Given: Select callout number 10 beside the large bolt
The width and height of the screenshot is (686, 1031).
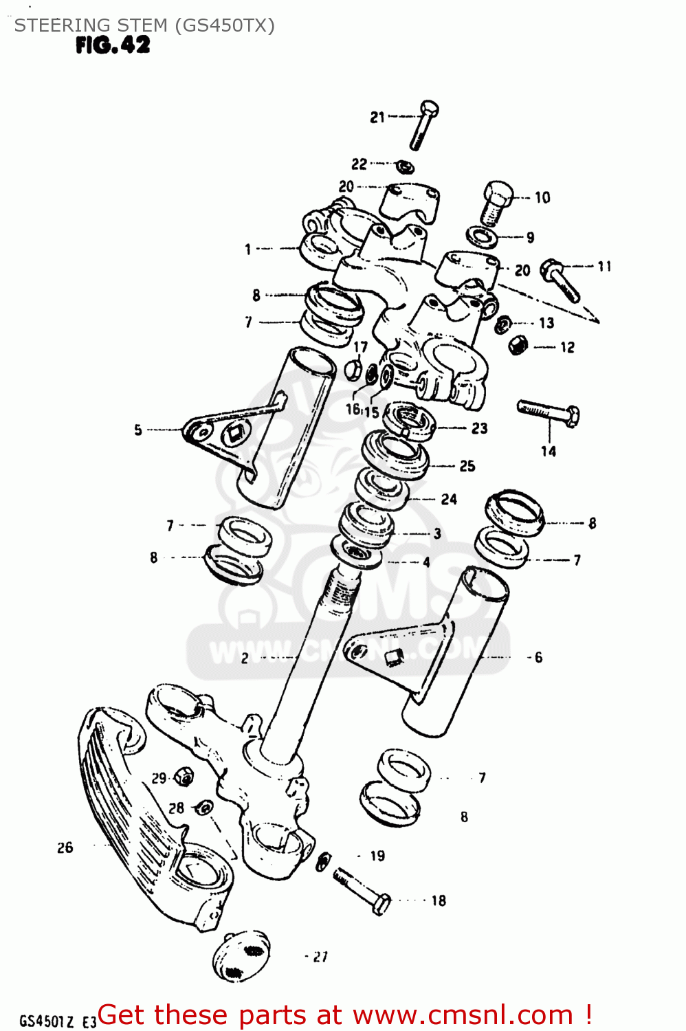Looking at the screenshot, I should coord(542,198).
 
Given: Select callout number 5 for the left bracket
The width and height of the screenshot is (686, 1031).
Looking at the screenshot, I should coord(138,430).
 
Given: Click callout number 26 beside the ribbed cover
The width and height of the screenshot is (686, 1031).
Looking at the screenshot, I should coord(65,847).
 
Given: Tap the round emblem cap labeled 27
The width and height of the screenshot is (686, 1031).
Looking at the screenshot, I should coord(241,955).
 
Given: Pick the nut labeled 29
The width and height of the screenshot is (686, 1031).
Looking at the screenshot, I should coord(183,777).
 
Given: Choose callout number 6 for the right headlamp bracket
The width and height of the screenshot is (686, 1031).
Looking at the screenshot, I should coord(538,658).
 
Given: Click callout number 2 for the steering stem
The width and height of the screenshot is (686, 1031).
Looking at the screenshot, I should coord(245,658).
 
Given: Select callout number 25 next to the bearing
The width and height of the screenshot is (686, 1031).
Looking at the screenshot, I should coord(467,466).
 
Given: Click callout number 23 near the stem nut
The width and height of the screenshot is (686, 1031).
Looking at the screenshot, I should coord(479,428).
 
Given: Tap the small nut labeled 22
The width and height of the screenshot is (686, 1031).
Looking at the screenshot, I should coord(406,166).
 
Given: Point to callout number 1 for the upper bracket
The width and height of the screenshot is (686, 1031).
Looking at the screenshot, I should coord(248,249).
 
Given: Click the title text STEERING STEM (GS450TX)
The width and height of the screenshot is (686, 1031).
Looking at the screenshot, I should coord(144,25).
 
